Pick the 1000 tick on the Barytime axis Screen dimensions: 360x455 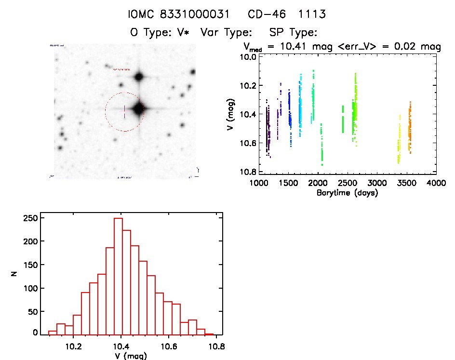point(259,183)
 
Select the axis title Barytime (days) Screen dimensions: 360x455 point(347,193)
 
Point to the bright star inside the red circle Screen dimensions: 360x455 point(139,108)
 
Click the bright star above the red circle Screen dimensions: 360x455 point(139,76)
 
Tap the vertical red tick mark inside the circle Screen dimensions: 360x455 point(124,111)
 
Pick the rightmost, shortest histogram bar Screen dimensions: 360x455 point(209,334)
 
